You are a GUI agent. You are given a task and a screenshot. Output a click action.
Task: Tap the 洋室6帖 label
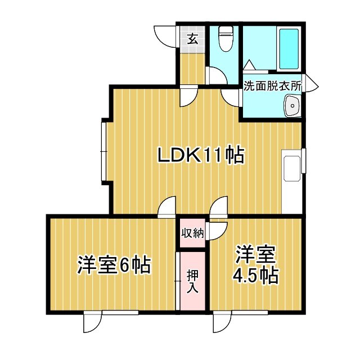pyautogui.click(x=114, y=264)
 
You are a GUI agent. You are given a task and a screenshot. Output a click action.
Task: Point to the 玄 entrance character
pyautogui.click(x=192, y=39)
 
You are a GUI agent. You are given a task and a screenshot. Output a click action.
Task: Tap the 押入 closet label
pyautogui.click(x=192, y=280)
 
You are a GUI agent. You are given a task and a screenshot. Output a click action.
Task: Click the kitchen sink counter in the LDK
pyautogui.click(x=293, y=174)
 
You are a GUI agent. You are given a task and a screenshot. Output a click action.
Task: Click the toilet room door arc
pyautogui.click(x=215, y=75)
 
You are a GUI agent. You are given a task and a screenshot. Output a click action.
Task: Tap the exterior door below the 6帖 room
pyautogui.click(x=92, y=322)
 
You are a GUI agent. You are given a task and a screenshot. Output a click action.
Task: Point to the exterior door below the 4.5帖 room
pyautogui.click(x=223, y=322)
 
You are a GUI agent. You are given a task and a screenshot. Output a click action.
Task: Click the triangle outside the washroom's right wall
pyautogui.click(x=311, y=85)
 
